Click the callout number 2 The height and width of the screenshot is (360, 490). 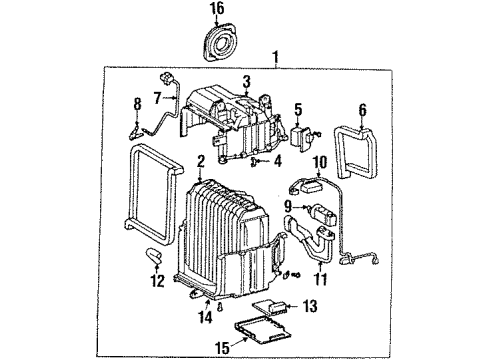[x=200, y=159]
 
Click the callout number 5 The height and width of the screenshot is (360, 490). [x=296, y=108]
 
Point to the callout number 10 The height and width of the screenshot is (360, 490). [x=320, y=161]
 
